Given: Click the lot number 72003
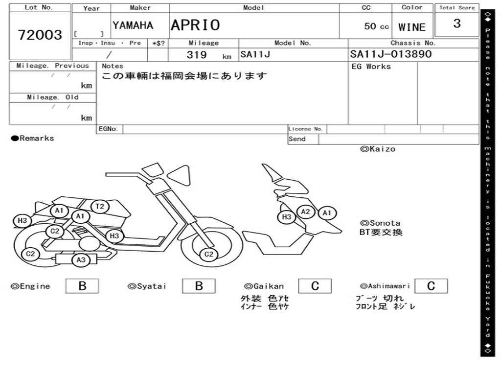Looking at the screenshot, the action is pos(40,35).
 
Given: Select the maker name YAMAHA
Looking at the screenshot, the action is pos(133,25).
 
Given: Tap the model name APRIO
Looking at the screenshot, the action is pos(195,25).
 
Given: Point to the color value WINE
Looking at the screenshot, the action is pos(412,27).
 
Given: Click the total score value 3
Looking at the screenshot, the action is pos(457,23).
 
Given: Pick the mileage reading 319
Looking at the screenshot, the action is pos(197,55).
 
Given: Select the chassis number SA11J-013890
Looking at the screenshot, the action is pos(391,54).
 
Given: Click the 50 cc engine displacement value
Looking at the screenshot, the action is pos(376,26).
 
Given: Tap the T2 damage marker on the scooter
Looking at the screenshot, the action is pos(100,207).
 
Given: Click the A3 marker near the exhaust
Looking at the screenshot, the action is pos(81,260).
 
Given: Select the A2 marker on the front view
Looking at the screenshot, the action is pos(306,211).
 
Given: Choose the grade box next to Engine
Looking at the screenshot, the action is pos(82,286).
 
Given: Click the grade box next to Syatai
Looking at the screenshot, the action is pos(199,286).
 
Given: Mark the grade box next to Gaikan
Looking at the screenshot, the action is pos(315,286).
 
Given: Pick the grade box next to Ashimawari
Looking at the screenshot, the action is pos(431,286).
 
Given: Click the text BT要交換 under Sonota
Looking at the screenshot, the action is pos(381,232).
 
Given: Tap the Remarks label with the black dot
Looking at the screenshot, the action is pos(33,139).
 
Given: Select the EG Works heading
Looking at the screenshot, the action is pos(371,67).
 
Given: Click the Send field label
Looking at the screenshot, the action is pos(297,139).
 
